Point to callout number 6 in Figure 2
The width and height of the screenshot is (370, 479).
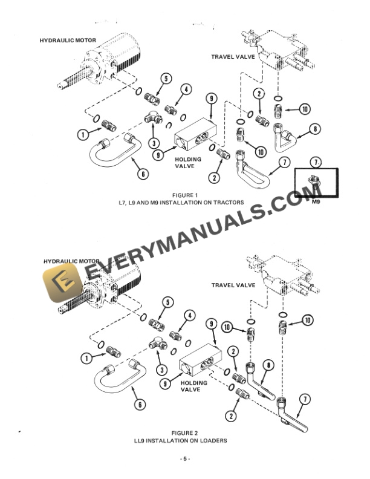tap(140, 405)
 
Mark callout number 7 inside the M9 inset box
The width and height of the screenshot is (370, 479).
tap(315, 162)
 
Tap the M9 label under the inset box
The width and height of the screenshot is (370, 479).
tap(316, 203)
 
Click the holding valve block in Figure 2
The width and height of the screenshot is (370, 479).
tap(199, 365)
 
